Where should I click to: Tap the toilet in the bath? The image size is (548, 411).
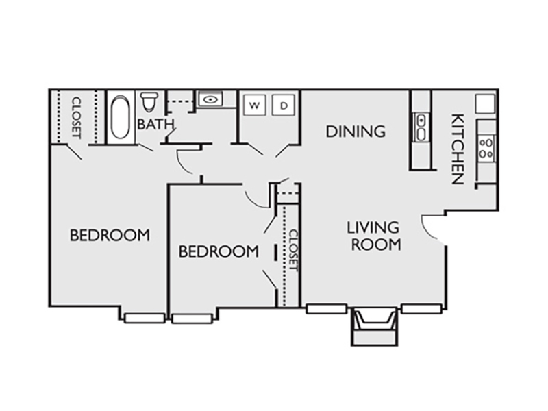point(149,101)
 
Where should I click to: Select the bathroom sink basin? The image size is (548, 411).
point(210,99)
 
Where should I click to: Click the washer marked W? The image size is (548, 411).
point(255,105)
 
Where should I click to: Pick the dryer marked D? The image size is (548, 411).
point(284,105)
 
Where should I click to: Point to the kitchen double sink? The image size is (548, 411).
point(421,127)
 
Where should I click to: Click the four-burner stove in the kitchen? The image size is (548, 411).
point(486,148)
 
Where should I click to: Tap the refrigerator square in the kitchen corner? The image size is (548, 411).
point(485,104)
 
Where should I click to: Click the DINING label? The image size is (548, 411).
point(356,132)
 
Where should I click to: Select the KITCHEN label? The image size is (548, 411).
point(458,149)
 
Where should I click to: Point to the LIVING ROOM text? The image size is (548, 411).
point(374,236)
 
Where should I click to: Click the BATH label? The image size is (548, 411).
point(155,124)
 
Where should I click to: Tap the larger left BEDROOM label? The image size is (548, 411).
point(110,235)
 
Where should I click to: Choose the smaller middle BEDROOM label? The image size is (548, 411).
point(219,251)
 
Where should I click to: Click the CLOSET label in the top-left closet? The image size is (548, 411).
point(77,118)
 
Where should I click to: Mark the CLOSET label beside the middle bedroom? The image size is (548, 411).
point(293,251)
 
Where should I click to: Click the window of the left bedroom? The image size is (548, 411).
point(145,319)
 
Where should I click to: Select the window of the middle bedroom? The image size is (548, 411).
point(192,319)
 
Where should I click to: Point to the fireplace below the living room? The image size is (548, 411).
point(374,326)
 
